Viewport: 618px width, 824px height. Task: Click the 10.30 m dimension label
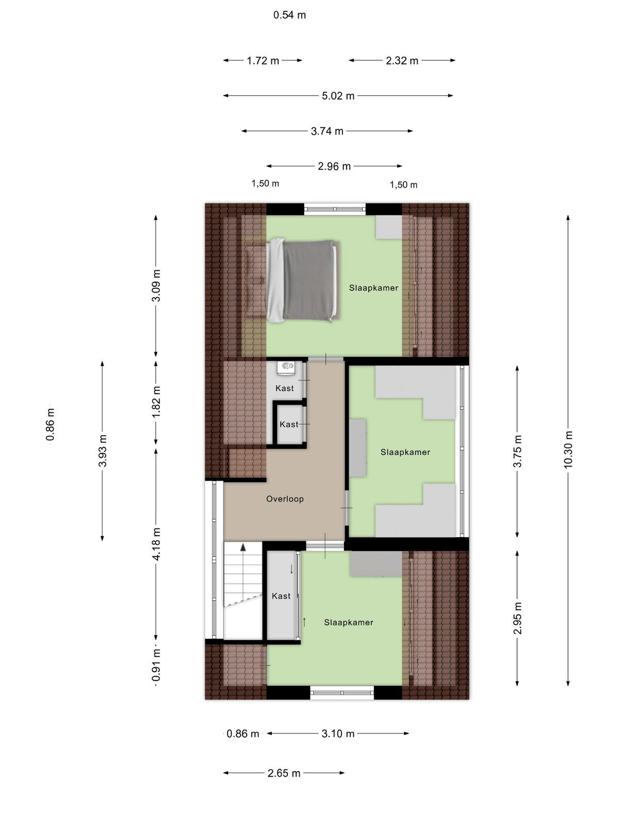568,450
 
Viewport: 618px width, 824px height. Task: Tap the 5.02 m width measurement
338,96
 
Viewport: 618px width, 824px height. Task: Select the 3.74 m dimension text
327,131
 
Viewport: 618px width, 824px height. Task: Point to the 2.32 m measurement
402,60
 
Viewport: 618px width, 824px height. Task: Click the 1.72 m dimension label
263,60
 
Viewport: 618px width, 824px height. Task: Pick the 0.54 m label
289,15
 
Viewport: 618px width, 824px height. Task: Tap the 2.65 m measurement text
284,773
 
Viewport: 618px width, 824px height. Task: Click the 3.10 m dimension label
338,733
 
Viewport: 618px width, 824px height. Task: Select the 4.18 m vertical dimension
156,544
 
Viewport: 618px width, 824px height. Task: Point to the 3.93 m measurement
102,451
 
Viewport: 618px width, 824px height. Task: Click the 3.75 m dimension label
517,451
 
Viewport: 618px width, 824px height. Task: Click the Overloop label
285,499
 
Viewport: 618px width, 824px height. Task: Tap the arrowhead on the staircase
243,547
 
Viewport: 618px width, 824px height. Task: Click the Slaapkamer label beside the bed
373,288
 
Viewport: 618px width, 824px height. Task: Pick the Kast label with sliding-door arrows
281,596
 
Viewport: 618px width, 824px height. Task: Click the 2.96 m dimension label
334,166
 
